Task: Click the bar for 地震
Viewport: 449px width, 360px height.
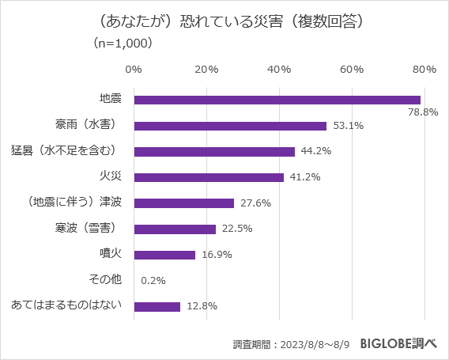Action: coord(277,100)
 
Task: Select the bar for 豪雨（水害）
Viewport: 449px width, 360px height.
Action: coord(230,126)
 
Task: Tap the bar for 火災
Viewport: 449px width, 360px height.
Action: coord(209,177)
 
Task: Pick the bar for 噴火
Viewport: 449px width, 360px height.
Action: coord(164,255)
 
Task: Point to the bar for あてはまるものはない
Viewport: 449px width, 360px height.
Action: coord(157,306)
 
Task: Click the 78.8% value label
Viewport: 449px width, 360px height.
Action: coord(422,112)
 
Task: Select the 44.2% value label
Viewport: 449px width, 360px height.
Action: coord(315,151)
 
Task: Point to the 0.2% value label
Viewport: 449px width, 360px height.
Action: coord(153,280)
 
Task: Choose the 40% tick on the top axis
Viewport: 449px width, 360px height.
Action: coord(279,70)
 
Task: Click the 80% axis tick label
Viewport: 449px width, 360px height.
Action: coord(424,70)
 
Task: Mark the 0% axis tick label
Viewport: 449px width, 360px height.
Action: coord(134,70)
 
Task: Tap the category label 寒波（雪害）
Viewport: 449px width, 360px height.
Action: coord(87,229)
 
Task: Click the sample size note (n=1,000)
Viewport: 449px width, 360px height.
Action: coord(123,44)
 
